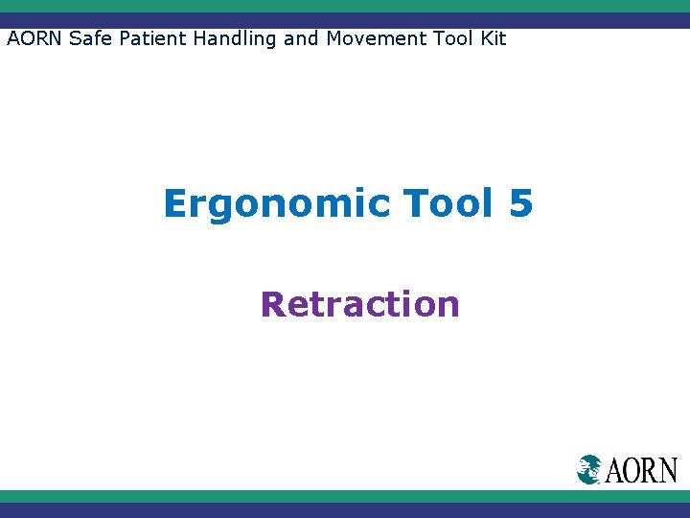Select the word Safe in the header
(88, 39)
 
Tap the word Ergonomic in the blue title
(277, 203)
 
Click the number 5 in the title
(520, 203)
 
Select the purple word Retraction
(359, 304)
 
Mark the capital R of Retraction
(273, 304)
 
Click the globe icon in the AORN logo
(589, 469)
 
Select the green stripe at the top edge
(345, 6)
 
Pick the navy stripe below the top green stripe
(345, 20)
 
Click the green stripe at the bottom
(345, 496)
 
